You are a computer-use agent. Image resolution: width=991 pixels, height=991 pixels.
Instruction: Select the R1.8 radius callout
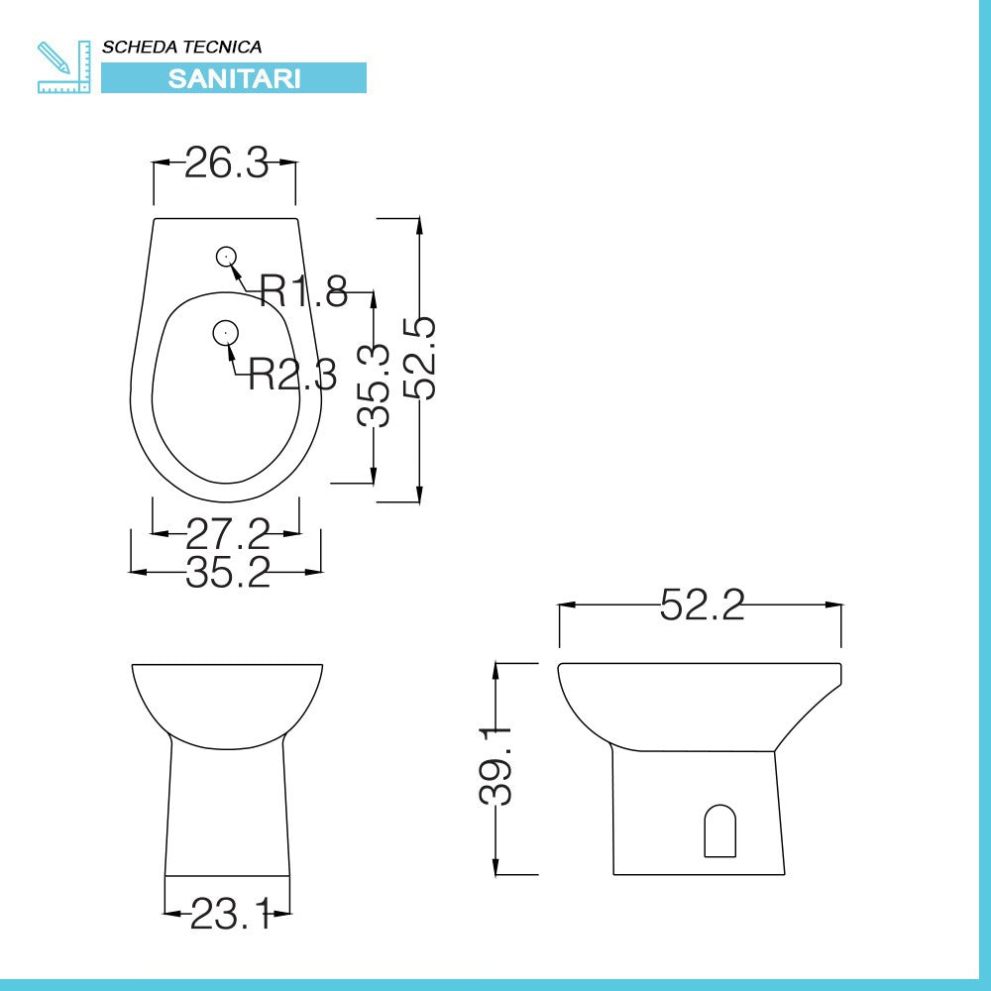303,290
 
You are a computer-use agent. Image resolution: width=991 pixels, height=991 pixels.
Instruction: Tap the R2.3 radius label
292,375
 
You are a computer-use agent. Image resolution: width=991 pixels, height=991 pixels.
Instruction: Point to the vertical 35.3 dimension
374,385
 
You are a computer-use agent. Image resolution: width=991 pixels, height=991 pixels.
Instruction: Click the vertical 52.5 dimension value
422,358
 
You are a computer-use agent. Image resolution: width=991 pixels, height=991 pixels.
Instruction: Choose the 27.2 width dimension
228,534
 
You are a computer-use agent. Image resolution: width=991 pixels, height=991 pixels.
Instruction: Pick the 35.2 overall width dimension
228,572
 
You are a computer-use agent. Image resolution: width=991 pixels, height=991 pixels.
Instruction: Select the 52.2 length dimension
702,605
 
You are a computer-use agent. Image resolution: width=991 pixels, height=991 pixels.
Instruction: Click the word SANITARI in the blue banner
234,79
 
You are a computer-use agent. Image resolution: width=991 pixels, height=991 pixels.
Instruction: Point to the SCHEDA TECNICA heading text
182,47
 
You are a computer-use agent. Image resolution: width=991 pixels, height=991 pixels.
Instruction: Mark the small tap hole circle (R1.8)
226,257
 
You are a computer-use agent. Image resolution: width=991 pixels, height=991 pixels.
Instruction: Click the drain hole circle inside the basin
225,333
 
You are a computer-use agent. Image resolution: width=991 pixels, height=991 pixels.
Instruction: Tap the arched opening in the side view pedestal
720,831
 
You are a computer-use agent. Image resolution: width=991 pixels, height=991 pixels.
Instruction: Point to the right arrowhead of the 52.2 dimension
835,604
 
